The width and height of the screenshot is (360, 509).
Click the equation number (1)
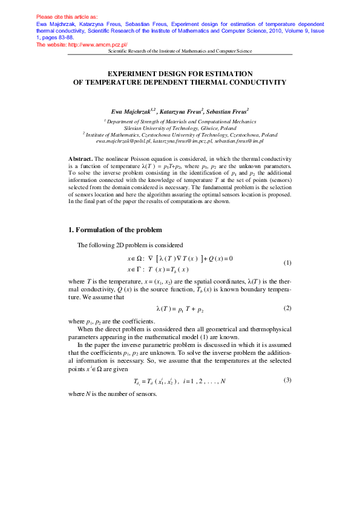[288, 262]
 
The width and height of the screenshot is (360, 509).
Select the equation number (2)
[288, 308]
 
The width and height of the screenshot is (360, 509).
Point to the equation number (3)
[288, 380]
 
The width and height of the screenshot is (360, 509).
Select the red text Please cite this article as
[67, 17]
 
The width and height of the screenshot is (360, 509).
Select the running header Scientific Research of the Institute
[179, 52]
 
